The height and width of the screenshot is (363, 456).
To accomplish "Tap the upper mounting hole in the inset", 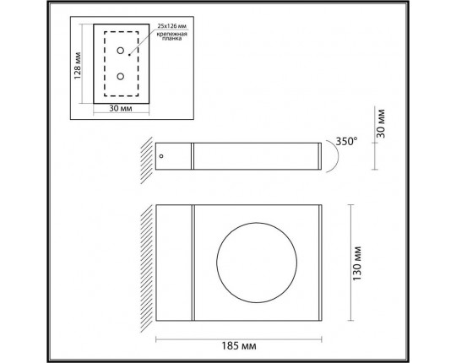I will [x=121, y=50].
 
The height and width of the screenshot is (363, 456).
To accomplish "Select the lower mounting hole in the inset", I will [x=121, y=77].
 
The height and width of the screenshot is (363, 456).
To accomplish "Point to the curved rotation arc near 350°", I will [x=332, y=157].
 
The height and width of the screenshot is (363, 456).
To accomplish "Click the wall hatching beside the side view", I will [x=145, y=157].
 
